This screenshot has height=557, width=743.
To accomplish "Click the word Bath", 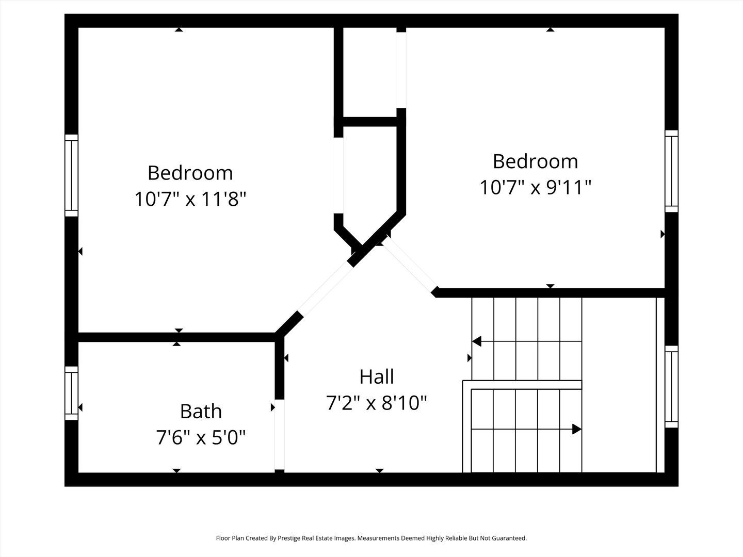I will click(x=201, y=411).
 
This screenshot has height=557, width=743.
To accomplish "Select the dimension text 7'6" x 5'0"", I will click(x=201, y=438).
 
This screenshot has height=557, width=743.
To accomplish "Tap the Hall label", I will click(x=377, y=376).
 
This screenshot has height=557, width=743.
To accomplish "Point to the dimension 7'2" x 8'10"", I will click(x=377, y=403).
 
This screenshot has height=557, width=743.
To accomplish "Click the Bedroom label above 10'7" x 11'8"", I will click(x=190, y=172).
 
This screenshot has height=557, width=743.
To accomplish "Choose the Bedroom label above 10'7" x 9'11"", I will click(x=535, y=161).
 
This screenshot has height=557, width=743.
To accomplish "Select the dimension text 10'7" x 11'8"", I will click(x=190, y=199).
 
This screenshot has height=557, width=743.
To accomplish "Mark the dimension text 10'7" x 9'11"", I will click(x=535, y=187).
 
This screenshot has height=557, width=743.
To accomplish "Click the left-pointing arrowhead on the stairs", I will click(x=477, y=341).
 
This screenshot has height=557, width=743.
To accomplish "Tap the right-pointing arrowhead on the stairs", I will click(x=577, y=429).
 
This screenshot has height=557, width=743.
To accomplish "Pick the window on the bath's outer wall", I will click(x=71, y=393).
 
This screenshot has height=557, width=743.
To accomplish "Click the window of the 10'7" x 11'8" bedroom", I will click(x=71, y=175).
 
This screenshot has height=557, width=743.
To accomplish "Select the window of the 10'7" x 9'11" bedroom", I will click(x=671, y=171).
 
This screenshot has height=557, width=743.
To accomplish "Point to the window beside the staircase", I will click(x=671, y=387).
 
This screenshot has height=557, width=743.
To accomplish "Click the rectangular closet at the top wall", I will click(x=370, y=72).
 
